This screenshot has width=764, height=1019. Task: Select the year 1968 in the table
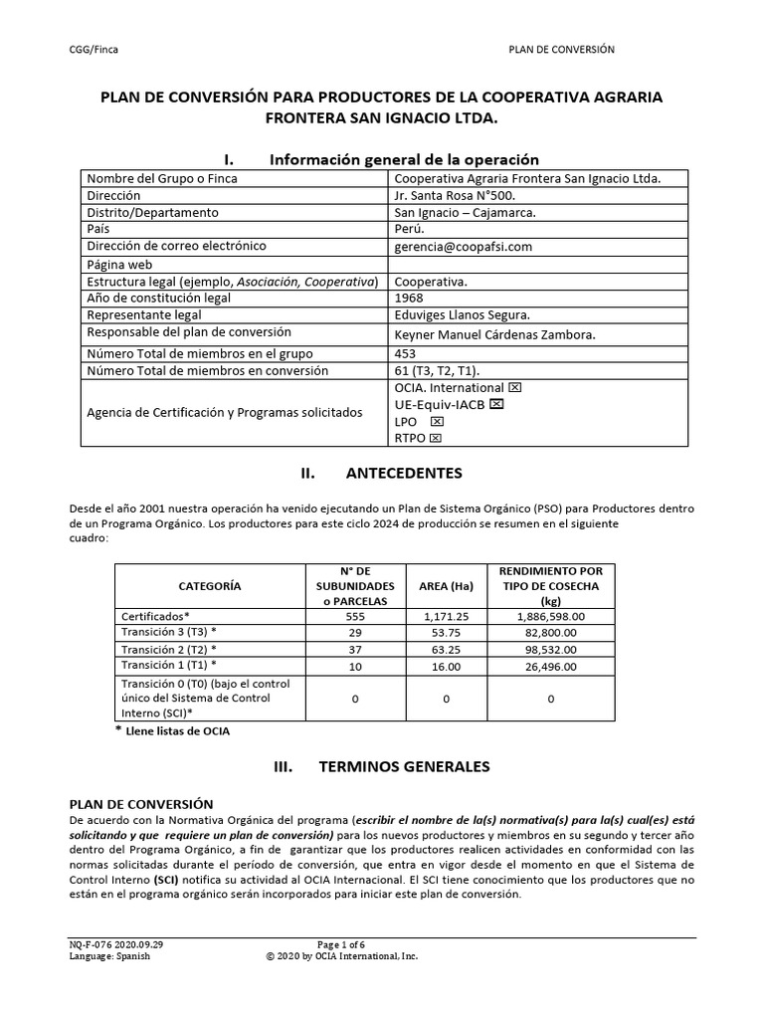pyautogui.click(x=410, y=298)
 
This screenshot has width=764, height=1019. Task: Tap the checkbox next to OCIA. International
pyautogui.click(x=514, y=387)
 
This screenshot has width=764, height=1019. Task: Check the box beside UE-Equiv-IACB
pyautogui.click(x=496, y=404)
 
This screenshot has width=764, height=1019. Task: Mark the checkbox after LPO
pyautogui.click(x=437, y=422)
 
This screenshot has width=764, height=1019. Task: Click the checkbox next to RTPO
pyautogui.click(x=436, y=438)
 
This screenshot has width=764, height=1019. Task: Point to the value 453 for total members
pyautogui.click(x=406, y=352)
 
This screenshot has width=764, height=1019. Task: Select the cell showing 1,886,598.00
pyautogui.click(x=550, y=617)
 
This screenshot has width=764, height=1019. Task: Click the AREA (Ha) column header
pyautogui.click(x=446, y=586)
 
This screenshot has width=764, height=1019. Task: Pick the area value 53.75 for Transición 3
pyautogui.click(x=446, y=633)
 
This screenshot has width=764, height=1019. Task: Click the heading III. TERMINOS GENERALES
pyautogui.click(x=381, y=767)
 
